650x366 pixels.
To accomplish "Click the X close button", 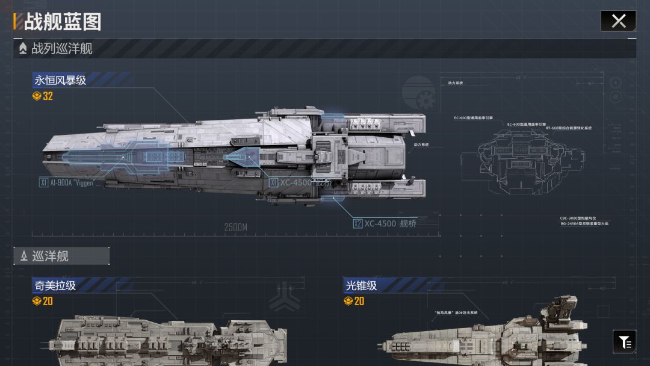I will click(x=618, y=21).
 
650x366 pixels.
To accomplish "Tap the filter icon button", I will click(x=625, y=342).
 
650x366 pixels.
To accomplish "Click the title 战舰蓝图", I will click(x=63, y=22).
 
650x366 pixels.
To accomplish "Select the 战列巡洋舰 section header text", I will click(x=62, y=48).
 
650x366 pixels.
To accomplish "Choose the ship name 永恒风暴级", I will click(x=60, y=80).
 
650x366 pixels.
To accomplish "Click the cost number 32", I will click(x=48, y=96).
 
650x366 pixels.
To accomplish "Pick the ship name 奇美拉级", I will click(x=55, y=285).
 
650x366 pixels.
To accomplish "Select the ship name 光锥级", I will click(x=361, y=285).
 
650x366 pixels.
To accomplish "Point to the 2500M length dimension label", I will click(x=236, y=228).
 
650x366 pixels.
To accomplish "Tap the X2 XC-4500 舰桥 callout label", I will click(x=385, y=223).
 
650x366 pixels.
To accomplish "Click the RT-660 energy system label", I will click(x=569, y=128).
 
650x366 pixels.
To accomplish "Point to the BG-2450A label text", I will click(x=584, y=223).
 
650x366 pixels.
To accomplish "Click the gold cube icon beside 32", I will click(x=37, y=96).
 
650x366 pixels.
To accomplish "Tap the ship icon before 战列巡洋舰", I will click(x=23, y=48).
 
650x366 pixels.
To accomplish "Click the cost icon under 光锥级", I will click(x=348, y=301).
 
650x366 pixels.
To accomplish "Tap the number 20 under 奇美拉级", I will click(x=48, y=301).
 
